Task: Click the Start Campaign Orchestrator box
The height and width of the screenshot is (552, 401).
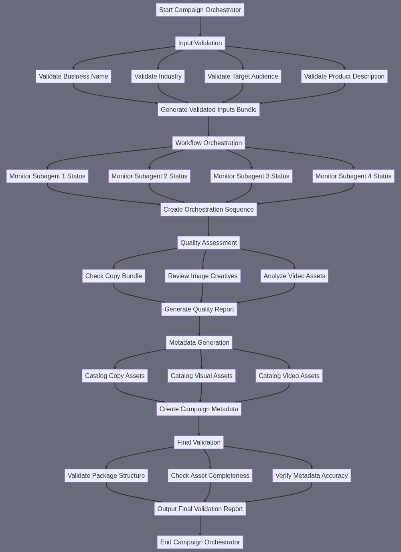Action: [200, 10]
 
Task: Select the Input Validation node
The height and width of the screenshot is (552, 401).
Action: [200, 43]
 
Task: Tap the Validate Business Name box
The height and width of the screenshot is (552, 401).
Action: [73, 77]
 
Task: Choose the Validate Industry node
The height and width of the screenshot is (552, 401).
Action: [158, 77]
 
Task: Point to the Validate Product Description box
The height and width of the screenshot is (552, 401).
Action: [344, 77]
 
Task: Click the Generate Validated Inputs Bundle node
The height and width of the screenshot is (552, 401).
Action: [209, 110]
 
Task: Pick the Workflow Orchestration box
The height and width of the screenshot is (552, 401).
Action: [209, 143]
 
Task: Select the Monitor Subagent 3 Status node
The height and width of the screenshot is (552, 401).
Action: [251, 176]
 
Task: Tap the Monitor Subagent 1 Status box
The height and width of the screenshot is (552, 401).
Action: [47, 176]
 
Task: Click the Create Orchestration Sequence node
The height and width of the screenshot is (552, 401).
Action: [209, 210]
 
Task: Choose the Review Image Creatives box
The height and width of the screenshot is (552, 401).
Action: [203, 276]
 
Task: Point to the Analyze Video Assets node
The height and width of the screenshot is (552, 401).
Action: [294, 276]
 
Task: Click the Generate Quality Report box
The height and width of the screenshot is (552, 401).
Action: [199, 309]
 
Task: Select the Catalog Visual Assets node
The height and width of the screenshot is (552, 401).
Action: [202, 376]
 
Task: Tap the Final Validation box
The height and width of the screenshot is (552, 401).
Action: [199, 443]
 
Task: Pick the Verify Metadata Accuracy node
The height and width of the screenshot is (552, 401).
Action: [312, 476]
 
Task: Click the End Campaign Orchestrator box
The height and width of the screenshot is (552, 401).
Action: [200, 542]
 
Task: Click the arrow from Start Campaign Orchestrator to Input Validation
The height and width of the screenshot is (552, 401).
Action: [200, 26]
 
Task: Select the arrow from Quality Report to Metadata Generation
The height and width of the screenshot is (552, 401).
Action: [199, 326]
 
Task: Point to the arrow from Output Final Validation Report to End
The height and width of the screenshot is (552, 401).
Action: [200, 526]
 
